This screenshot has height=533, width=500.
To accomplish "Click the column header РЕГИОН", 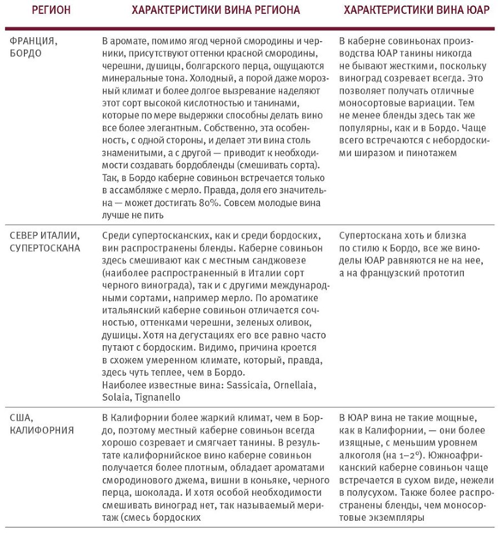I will click(x=51, y=10).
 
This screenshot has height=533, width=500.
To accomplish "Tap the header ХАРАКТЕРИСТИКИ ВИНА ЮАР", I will click(x=417, y=10).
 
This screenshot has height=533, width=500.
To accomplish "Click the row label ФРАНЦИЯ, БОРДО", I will click(x=33, y=47).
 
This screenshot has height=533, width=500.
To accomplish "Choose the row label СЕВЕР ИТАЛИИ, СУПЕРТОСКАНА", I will click(x=45, y=242).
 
